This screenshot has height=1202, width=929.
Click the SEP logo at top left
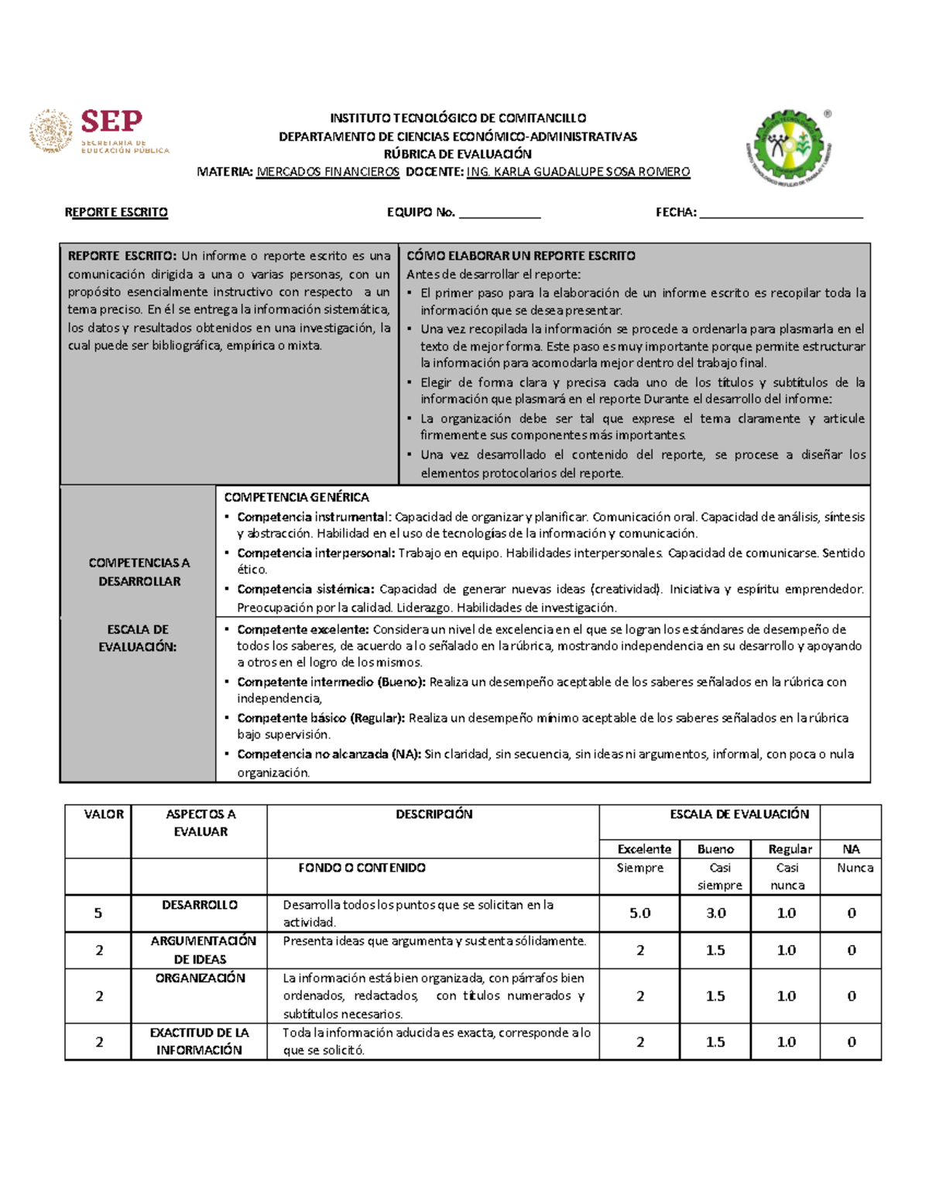click(99, 132)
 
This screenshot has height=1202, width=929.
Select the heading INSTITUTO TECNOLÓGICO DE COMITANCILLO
click(458, 118)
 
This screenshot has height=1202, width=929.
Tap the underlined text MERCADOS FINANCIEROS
click(327, 172)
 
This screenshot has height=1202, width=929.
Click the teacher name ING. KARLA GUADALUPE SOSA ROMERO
click(578, 172)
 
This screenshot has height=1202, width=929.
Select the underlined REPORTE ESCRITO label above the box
click(116, 212)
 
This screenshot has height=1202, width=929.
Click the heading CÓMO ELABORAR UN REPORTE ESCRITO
click(520, 255)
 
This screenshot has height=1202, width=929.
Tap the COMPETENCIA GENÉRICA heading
click(296, 497)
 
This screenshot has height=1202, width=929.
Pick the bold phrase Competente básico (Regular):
click(321, 717)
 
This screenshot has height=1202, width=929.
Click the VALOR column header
click(104, 814)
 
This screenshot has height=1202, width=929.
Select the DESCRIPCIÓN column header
click(434, 814)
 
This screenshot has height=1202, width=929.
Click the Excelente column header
click(643, 849)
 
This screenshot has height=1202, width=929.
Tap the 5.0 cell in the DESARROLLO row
click(639, 913)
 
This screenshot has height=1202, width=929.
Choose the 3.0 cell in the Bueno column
click(715, 913)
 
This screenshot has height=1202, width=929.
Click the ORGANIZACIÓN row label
click(200, 978)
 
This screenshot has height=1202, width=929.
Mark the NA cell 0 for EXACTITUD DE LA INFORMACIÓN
click(851, 1042)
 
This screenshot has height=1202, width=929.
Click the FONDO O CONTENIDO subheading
click(362, 868)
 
